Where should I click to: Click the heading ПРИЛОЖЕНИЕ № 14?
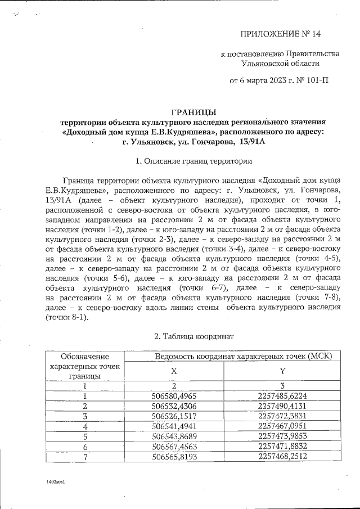[280, 34]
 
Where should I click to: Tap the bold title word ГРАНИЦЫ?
[193, 112]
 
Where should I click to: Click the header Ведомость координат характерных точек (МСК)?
[243, 356]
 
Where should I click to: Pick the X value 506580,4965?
[174, 396]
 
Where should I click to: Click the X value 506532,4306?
[174, 406]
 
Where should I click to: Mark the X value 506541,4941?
[174, 426]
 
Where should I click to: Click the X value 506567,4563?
[174, 445]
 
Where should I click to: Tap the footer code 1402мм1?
[57, 483]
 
